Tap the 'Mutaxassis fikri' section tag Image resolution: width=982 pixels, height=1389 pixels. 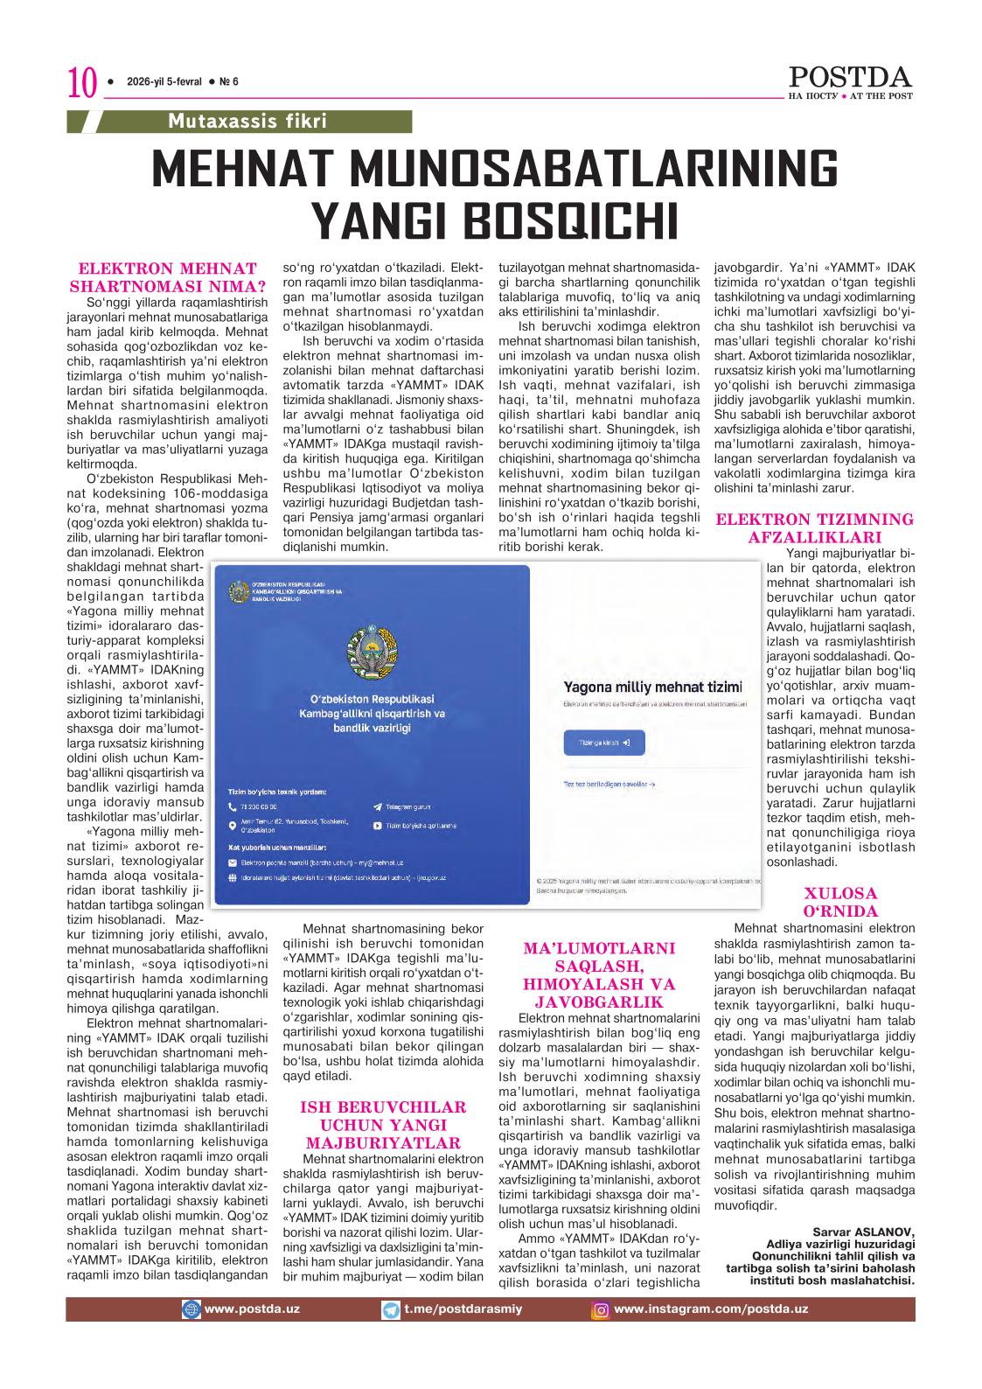(x=247, y=121)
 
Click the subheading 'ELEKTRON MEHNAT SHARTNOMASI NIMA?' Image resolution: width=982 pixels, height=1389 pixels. (x=168, y=276)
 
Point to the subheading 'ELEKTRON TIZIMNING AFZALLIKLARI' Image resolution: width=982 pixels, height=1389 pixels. (x=814, y=528)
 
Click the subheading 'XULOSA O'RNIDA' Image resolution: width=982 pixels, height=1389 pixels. (x=827, y=902)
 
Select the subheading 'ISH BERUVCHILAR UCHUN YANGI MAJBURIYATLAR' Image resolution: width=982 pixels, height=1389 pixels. (x=383, y=1125)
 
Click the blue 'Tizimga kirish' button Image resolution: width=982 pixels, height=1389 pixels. (x=603, y=743)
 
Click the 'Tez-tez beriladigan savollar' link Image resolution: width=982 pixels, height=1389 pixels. (x=609, y=785)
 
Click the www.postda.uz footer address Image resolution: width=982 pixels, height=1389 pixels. (x=251, y=1309)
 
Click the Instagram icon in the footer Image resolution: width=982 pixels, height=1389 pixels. (x=601, y=1310)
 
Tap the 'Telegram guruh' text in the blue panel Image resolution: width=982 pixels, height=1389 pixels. (x=407, y=807)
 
